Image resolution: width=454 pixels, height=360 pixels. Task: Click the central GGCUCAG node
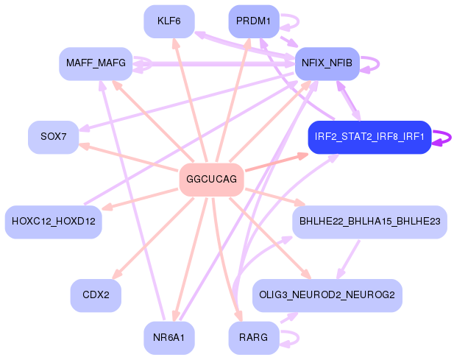pos(211,180)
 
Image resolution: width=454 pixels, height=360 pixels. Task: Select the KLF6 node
pos(169,21)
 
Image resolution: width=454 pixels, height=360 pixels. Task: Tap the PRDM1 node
pos(254,21)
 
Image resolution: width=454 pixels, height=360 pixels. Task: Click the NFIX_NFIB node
pos(327,63)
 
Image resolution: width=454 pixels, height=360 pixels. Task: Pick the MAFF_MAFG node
pos(95,63)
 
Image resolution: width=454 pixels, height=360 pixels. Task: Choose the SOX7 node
pos(53,137)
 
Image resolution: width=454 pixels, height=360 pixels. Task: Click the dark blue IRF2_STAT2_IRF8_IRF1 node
pos(369,137)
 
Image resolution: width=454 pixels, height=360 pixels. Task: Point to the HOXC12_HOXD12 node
pos(53,221)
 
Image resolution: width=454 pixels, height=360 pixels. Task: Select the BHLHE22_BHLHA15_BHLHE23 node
pos(369,221)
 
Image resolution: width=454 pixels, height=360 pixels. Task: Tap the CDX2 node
pos(96,295)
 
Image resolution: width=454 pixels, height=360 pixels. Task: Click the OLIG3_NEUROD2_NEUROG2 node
pos(327,295)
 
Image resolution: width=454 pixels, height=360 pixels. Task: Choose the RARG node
pos(254,338)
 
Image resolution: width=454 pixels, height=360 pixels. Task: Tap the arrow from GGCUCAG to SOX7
pos(129,158)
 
